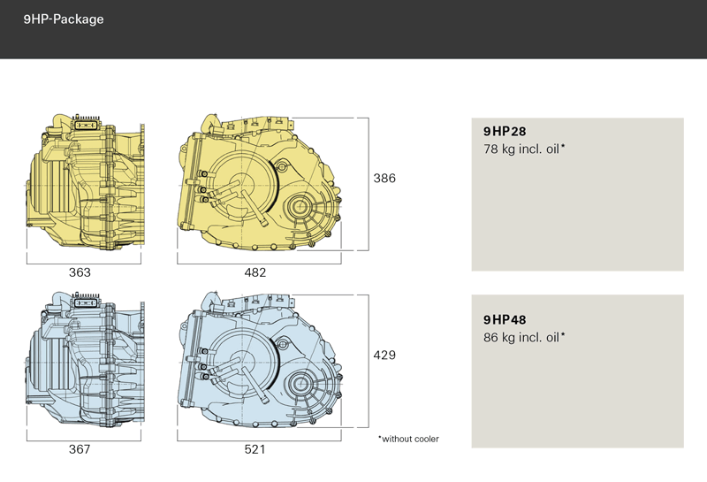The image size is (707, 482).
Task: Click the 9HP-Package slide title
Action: [64, 19]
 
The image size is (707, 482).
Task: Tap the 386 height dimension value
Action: [384, 179]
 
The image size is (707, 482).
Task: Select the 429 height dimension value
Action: [384, 356]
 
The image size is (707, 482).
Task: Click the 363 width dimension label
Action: [80, 272]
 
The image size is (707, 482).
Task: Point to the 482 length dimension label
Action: [255, 272]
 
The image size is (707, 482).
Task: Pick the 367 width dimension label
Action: [80, 449]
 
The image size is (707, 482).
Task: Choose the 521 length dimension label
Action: [255, 449]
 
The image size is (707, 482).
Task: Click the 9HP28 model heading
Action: [505, 131]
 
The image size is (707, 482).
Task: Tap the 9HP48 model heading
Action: [505, 320]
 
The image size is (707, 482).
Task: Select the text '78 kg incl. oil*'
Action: [524, 149]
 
